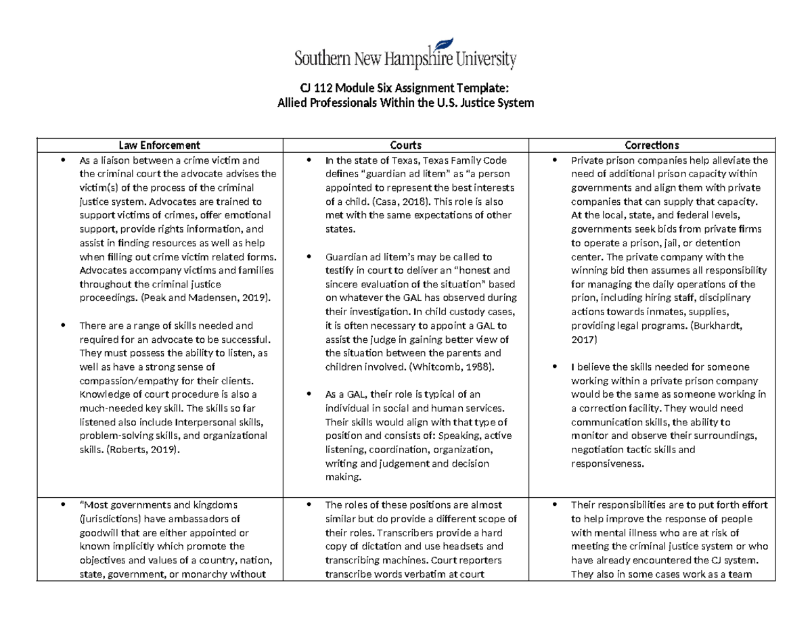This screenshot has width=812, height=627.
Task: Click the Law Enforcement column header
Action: point(160,145)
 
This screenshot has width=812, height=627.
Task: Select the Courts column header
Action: point(406,145)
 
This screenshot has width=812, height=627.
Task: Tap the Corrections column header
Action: point(652,145)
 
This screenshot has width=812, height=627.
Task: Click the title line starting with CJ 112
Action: point(406,89)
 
